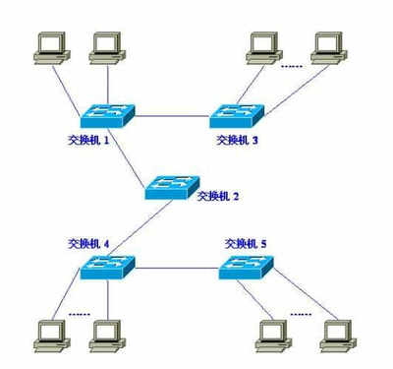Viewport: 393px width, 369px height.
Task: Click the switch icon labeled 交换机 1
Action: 103,115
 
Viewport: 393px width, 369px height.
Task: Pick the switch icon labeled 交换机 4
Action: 105,265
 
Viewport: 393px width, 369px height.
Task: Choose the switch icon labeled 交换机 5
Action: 245,264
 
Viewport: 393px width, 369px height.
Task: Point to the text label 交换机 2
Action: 217,196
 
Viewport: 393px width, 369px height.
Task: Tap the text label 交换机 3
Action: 238,141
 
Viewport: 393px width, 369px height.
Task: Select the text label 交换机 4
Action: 91,242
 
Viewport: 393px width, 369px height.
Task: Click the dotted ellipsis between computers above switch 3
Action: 292,66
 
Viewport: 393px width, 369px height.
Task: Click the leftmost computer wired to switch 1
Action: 46,47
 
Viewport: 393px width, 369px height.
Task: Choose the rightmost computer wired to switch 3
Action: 327,47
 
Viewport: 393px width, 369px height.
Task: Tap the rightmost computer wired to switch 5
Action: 336,335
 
